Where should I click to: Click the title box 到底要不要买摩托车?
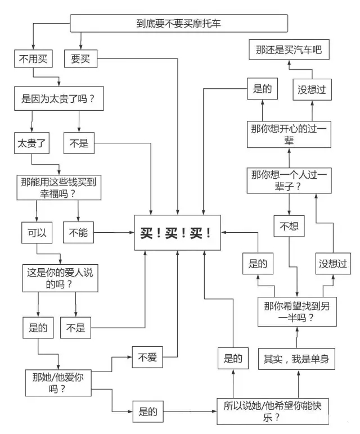pyautogui.click(x=179, y=23)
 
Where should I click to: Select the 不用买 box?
pyautogui.click(x=34, y=58)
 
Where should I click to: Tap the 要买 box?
pyautogui.click(x=81, y=58)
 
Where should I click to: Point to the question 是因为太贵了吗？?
pyautogui.click(x=59, y=98)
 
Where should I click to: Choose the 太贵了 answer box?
pyautogui.click(x=32, y=143)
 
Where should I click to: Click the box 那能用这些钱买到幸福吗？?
pyautogui.click(x=59, y=187)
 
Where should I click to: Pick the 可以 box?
pyautogui.click(x=37, y=233)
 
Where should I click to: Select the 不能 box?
pyautogui.click(x=78, y=233)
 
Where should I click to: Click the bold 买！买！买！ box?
pyautogui.click(x=178, y=233)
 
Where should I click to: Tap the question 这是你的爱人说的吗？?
pyautogui.click(x=60, y=278)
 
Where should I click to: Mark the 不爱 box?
pyautogui.click(x=147, y=357)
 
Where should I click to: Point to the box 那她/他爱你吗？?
pyautogui.click(x=58, y=383)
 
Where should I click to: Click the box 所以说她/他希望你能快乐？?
pyautogui.click(x=272, y=412)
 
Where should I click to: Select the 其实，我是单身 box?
pyautogui.click(x=296, y=359)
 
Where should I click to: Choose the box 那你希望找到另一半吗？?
pyautogui.click(x=297, y=311)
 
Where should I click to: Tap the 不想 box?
pyautogui.click(x=289, y=226)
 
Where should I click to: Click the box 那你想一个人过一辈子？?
pyautogui.click(x=289, y=180)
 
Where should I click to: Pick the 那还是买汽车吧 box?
pyautogui.click(x=289, y=49)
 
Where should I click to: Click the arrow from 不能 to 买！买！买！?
pyautogui.click(x=114, y=233)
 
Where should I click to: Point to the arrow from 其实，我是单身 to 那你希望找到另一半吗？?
pyautogui.click(x=297, y=337)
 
